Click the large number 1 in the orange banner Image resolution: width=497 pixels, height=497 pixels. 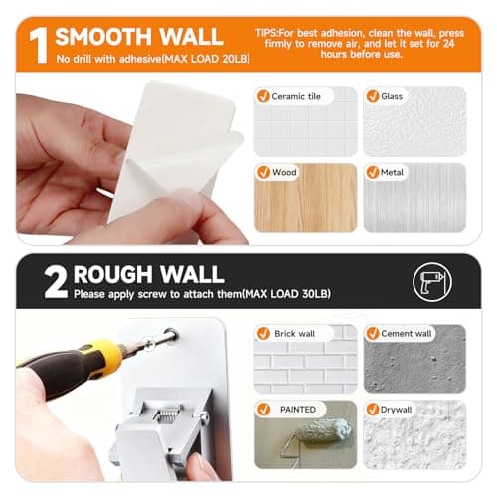(39, 46)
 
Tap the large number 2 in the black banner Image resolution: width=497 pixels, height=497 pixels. (56, 282)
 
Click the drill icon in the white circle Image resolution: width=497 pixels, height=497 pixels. (432, 282)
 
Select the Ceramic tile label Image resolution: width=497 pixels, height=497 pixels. (296, 96)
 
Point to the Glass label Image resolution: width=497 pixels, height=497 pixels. (392, 96)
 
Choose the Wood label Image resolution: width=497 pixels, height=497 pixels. (284, 172)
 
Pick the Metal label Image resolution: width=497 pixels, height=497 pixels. (392, 172)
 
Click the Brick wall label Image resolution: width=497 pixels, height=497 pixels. (294, 334)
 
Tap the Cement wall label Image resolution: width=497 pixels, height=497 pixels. (407, 333)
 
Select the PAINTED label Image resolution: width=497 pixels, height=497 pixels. (298, 410)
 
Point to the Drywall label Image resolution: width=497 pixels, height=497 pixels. (396, 410)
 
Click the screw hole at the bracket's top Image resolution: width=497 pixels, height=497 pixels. (171, 336)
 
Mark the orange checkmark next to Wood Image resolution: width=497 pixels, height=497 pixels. (264, 172)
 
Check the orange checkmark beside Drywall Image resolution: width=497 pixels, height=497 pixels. (373, 410)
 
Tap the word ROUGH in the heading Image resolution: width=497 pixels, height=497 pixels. (111, 274)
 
